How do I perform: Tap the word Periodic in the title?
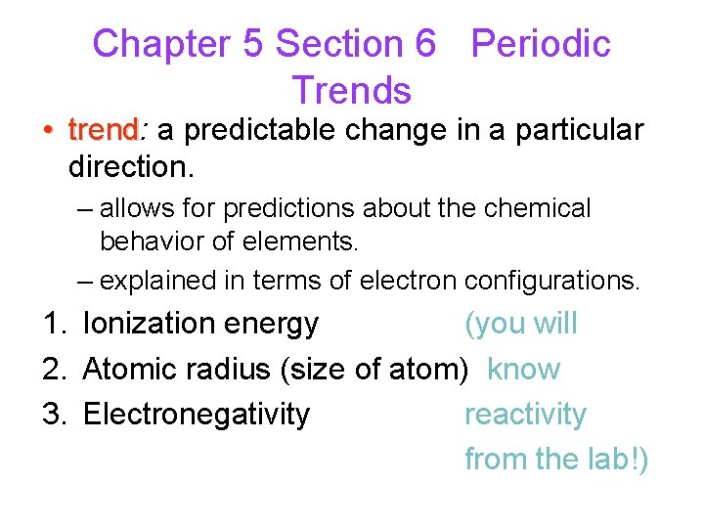point(541,44)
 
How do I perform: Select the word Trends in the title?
point(351,91)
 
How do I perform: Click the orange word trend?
point(104,130)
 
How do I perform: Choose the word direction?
point(130,167)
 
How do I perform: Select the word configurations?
point(552,281)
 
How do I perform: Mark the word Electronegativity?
point(196,415)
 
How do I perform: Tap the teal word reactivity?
point(525,415)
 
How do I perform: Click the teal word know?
point(523,370)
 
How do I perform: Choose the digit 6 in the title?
point(424,44)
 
